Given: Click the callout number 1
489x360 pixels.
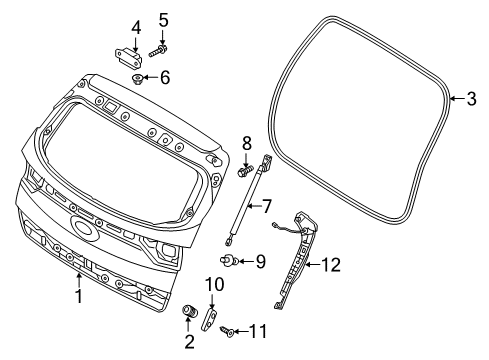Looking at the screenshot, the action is pos(79,296).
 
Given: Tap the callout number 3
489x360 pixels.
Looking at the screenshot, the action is pos(471,99).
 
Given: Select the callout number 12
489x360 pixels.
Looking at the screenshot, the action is pos(331,265).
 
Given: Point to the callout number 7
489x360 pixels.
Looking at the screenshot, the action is pos(267,207).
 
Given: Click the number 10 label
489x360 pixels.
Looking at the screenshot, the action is pos(215,285).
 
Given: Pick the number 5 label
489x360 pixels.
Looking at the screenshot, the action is pos(163,21).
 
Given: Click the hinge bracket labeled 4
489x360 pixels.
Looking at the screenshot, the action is pos(128,56).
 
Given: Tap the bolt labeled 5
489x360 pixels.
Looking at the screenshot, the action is pos(158,52).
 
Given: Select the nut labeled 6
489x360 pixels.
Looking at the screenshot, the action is pos(137,79).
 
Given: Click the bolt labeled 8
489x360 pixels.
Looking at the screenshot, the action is pos(245,172).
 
